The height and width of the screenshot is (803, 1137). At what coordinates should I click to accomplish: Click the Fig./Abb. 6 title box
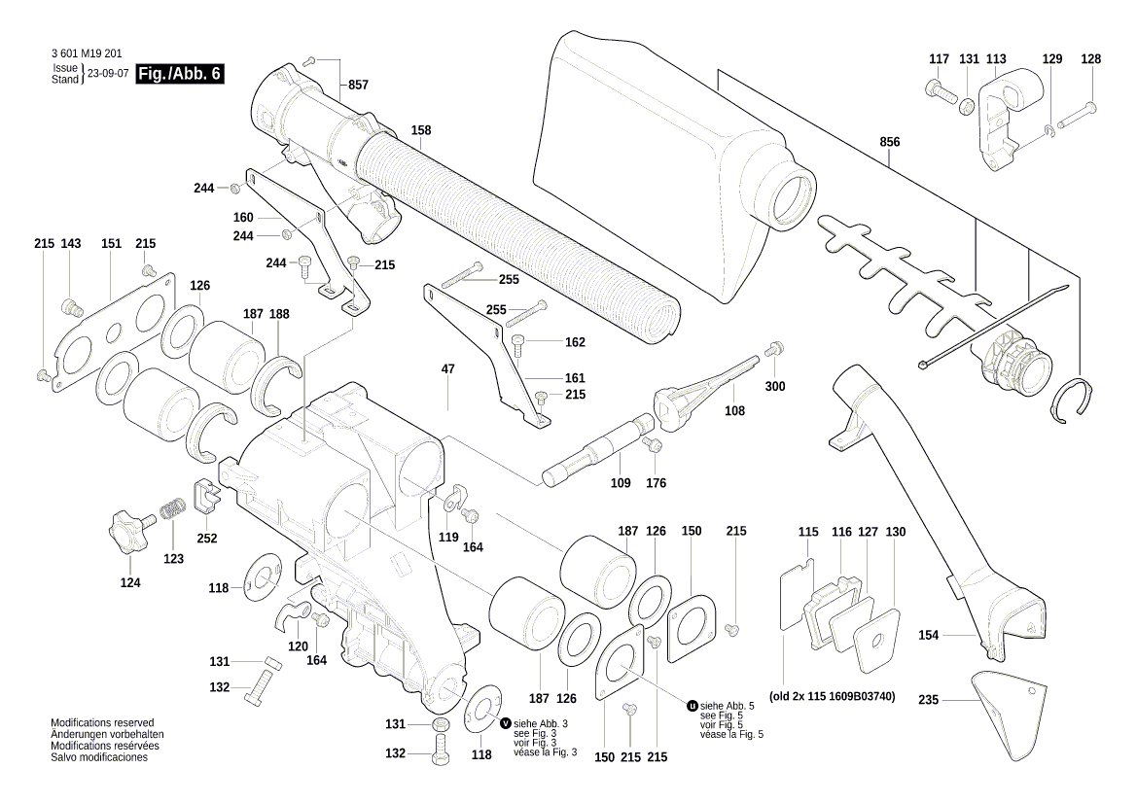[180, 74]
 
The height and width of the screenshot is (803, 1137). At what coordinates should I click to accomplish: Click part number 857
[358, 86]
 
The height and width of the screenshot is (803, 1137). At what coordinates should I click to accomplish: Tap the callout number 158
[420, 130]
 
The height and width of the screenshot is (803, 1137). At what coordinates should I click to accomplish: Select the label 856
[889, 142]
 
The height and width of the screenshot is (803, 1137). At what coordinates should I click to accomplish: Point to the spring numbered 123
[172, 511]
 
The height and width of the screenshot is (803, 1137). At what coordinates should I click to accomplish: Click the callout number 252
[206, 538]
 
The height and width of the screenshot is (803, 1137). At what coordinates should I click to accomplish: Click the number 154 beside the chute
[929, 635]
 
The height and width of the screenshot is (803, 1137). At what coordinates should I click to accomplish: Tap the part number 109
[620, 483]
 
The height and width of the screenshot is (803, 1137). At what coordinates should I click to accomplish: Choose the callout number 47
[447, 369]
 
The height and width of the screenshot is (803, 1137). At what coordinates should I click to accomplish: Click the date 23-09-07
[108, 74]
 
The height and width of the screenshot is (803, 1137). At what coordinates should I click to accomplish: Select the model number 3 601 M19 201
[85, 54]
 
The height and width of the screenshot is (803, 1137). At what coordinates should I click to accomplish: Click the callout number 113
[996, 59]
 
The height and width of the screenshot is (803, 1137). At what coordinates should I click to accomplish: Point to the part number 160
[243, 217]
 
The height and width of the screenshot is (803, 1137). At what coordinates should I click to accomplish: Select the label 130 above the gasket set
[895, 533]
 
